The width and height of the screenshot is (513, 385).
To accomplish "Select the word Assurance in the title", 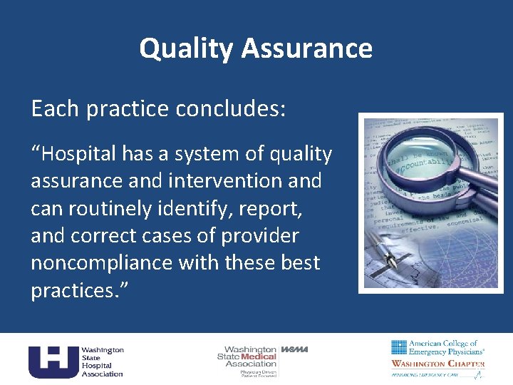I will [x=306, y=48].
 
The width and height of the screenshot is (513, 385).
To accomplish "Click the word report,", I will [x=273, y=208].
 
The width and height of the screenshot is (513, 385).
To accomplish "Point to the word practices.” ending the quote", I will [x=76, y=290].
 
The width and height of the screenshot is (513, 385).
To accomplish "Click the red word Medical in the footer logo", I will [x=259, y=356].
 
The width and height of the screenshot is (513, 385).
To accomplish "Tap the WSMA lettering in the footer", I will [x=295, y=349].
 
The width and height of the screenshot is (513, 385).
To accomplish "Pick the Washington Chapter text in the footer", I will [x=437, y=364].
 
